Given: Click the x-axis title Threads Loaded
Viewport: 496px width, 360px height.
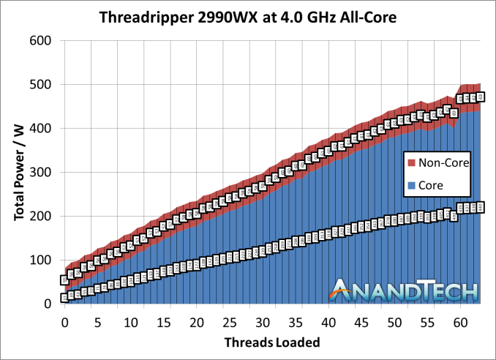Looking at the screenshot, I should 272,342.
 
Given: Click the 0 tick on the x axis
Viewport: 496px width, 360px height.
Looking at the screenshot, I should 64,322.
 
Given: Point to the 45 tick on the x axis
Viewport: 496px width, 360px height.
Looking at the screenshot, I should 361,322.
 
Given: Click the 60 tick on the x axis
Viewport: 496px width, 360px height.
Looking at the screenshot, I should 460,322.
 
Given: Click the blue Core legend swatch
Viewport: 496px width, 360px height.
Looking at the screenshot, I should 410,186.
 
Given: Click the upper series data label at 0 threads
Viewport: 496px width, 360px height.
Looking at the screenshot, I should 64,280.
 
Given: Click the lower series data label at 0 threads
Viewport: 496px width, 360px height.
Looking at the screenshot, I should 64,297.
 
